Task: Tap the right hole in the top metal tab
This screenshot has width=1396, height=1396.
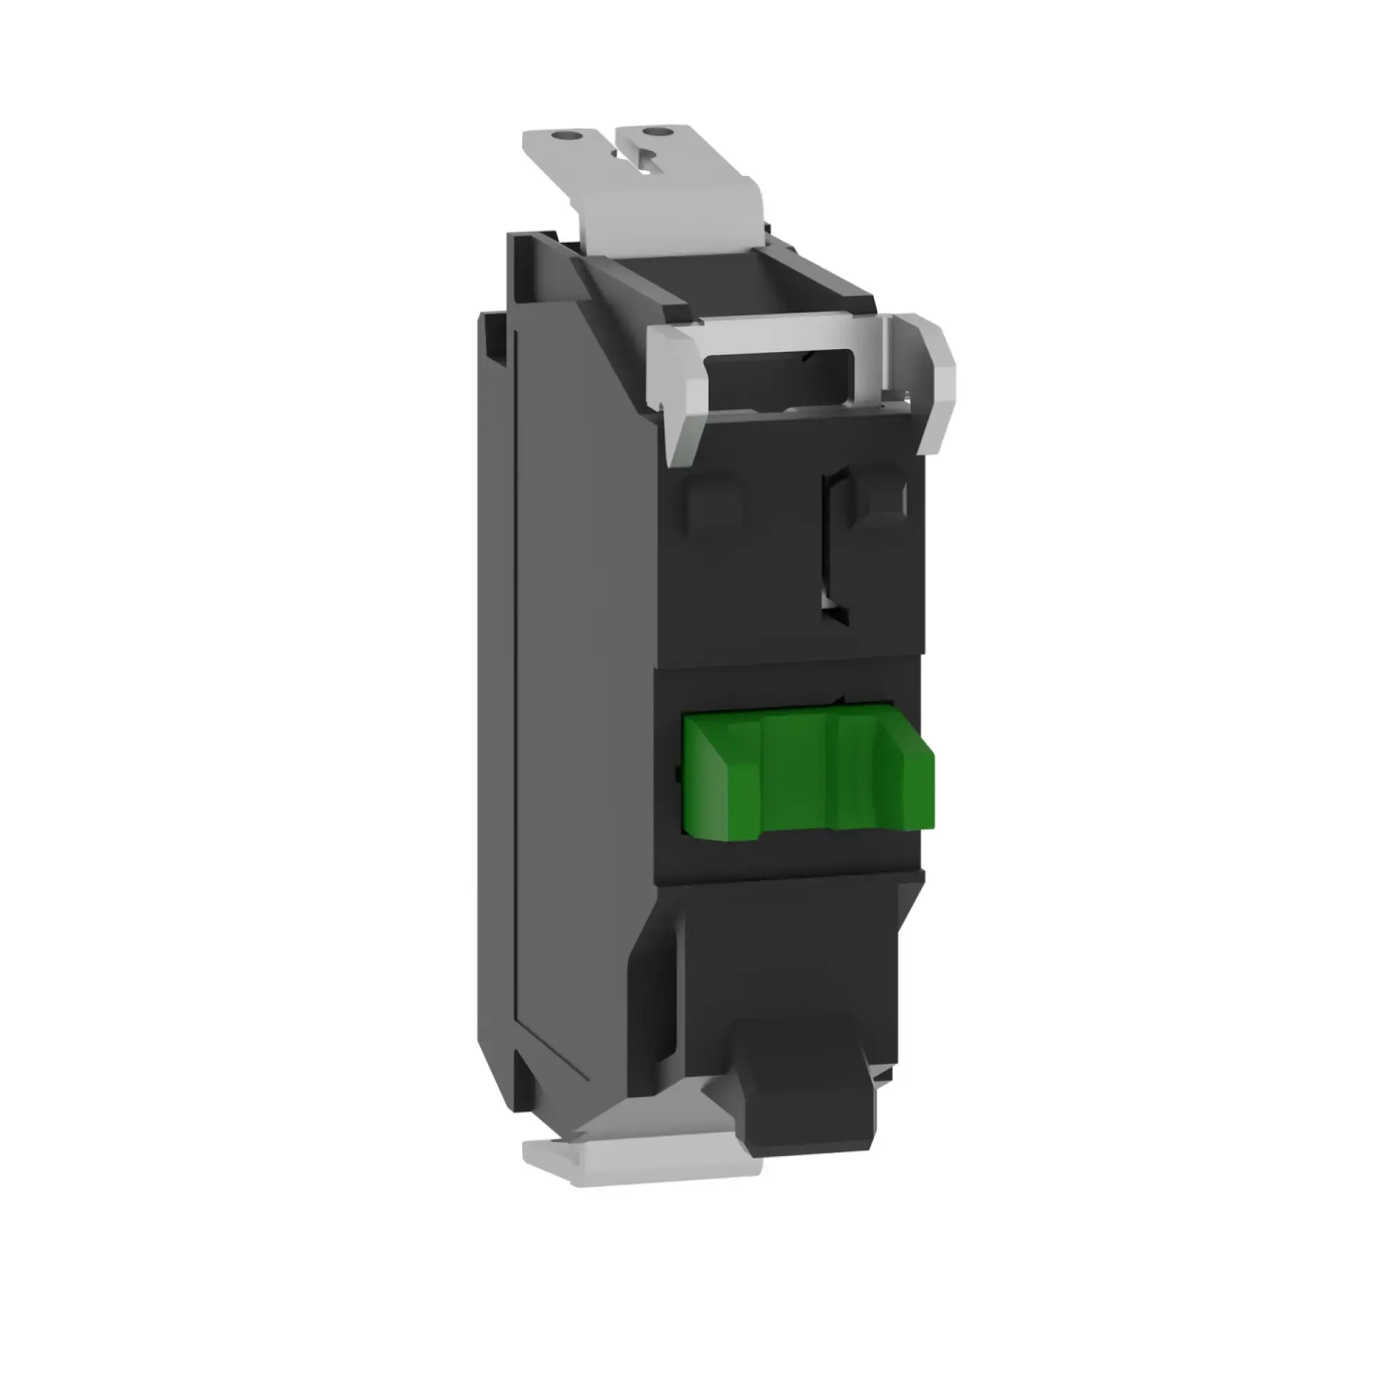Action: click(656, 132)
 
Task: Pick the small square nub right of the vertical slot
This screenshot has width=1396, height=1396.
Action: click(878, 498)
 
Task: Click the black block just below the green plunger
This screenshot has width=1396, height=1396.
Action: click(787, 860)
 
